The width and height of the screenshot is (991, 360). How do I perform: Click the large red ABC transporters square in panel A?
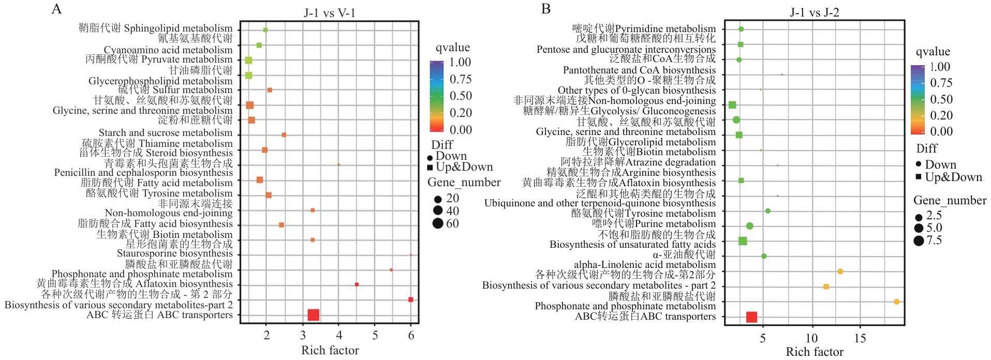pyautogui.click(x=313, y=314)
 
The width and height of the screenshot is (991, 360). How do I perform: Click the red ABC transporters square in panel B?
pyautogui.click(x=752, y=317)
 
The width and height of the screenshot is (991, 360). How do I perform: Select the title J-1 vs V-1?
pyautogui.click(x=330, y=13)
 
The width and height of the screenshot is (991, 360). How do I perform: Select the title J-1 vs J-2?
pyautogui.click(x=815, y=12)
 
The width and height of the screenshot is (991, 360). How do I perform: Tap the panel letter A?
pyautogui.click(x=56, y=9)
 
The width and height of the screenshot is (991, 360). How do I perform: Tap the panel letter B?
pyautogui.click(x=546, y=9)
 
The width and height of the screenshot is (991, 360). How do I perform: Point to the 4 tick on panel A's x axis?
pyautogui.click(x=339, y=335)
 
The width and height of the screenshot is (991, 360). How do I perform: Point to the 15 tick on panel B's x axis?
pyautogui.click(x=860, y=338)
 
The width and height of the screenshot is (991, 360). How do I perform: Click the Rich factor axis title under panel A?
pyautogui.click(x=330, y=350)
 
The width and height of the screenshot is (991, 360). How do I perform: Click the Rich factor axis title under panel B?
pyautogui.click(x=815, y=352)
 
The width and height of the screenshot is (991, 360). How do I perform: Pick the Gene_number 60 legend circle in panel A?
pyautogui.click(x=438, y=223)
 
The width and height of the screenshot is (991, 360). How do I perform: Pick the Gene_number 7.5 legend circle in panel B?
pyautogui.click(x=919, y=241)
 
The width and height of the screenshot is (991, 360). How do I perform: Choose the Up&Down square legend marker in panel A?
pyautogui.click(x=430, y=168)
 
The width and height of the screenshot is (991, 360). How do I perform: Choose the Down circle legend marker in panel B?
pyautogui.click(x=918, y=164)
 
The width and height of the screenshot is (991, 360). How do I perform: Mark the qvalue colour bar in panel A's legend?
pyautogui.click(x=436, y=96)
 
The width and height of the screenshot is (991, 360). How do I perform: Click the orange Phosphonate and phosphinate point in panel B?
pyautogui.click(x=896, y=302)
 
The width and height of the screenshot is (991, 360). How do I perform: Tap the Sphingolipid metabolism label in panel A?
pyautogui.click(x=155, y=28)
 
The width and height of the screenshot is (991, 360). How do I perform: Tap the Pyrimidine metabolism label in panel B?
pyautogui.click(x=644, y=28)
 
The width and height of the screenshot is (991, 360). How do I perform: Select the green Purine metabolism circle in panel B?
pyautogui.click(x=749, y=226)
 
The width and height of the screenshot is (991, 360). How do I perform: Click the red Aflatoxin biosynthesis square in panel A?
pyautogui.click(x=357, y=284)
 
